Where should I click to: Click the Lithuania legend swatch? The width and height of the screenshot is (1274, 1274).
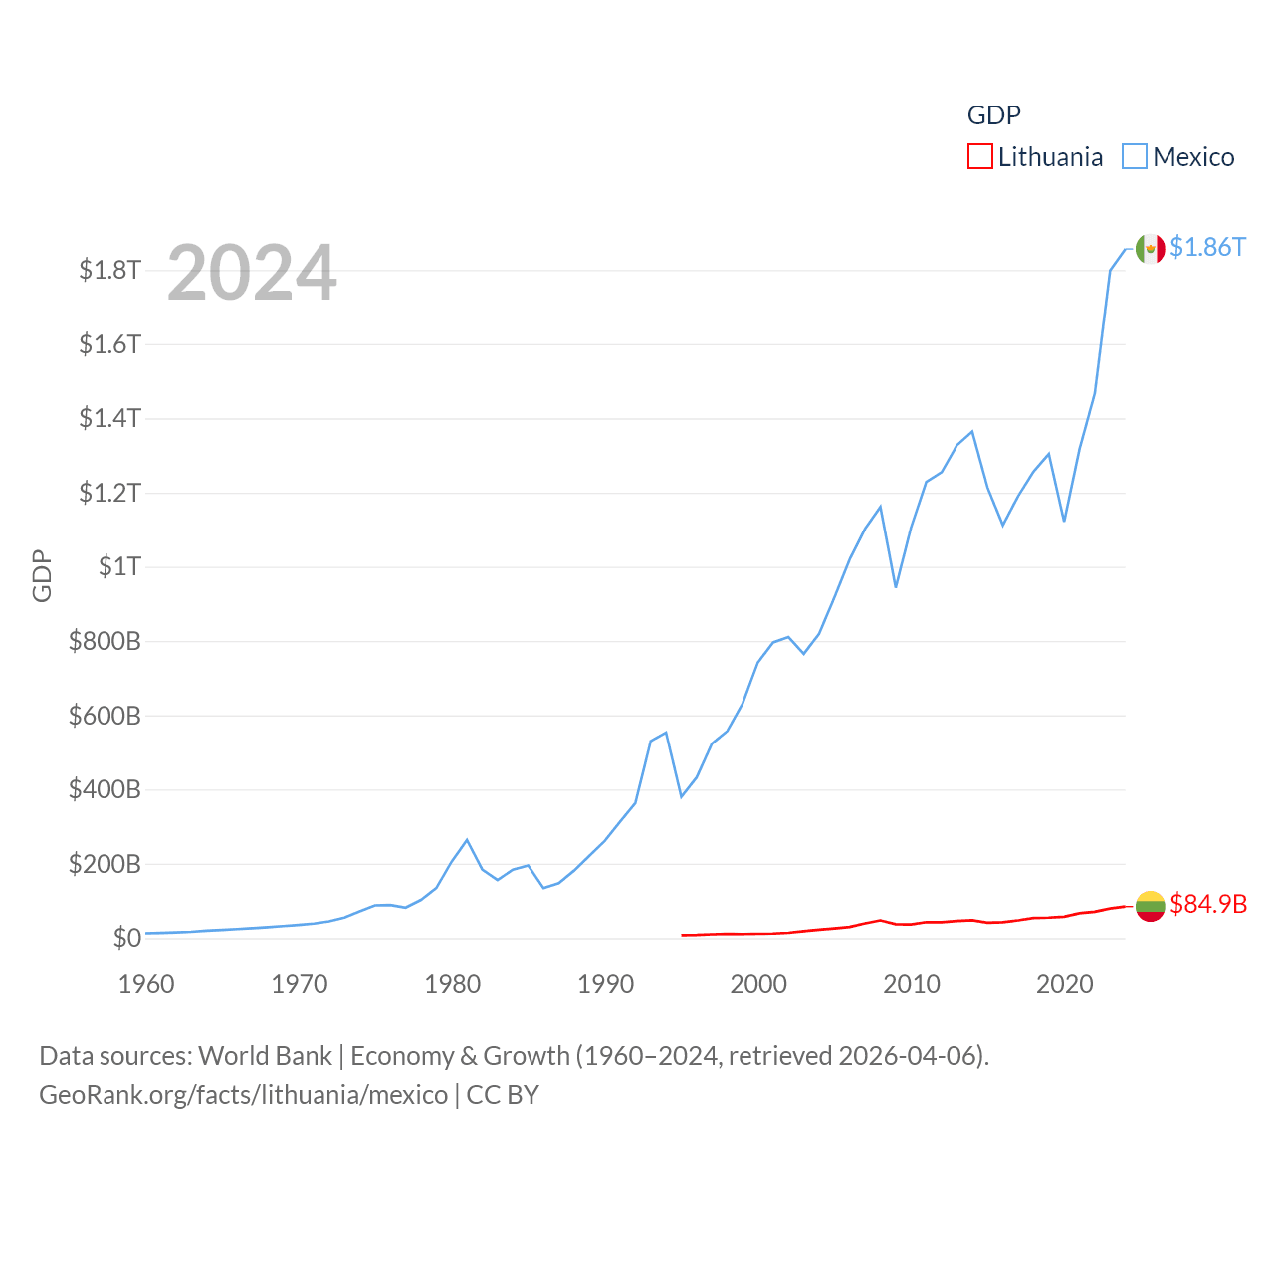coord(979,157)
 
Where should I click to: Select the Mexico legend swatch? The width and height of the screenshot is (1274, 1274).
coord(1135,157)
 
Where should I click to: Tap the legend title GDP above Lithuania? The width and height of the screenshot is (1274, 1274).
coord(993,115)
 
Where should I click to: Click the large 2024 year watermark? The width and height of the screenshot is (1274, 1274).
coord(252,273)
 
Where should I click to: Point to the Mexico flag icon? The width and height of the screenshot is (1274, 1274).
coord(1150,249)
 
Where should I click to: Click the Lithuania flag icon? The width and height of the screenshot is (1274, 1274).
coord(1150,905)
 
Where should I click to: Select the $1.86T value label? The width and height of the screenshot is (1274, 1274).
coord(1207,247)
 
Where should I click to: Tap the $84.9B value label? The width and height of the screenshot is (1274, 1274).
coord(1208,904)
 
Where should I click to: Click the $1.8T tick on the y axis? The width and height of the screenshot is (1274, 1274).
coord(109,270)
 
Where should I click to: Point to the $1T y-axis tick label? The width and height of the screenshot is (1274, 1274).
coord(119,566)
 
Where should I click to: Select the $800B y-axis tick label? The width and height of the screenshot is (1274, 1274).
coord(105,641)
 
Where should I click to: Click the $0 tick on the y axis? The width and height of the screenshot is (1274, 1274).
coord(126,938)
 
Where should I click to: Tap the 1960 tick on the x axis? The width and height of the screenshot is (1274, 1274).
coord(146,984)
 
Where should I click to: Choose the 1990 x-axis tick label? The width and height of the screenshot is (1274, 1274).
coord(605,984)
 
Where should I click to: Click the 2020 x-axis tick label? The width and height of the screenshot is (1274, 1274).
coord(1065,984)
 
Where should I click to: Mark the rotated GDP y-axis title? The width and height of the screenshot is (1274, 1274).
coord(42,575)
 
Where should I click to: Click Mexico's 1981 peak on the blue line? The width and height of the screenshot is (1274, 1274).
coord(467,840)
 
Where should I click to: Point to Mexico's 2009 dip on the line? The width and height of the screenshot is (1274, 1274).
coord(896,587)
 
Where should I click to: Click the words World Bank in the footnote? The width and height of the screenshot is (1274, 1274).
coord(265,1055)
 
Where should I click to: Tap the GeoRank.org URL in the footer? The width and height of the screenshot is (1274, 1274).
coord(244,1095)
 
